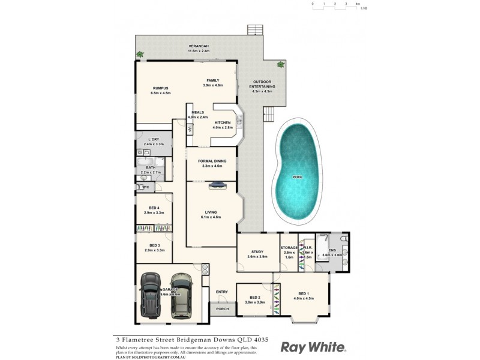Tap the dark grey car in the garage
coord(150,295)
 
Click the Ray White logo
coord(313,347)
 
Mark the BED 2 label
coord(255,298)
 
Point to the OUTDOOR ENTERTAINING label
coord(262,84)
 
